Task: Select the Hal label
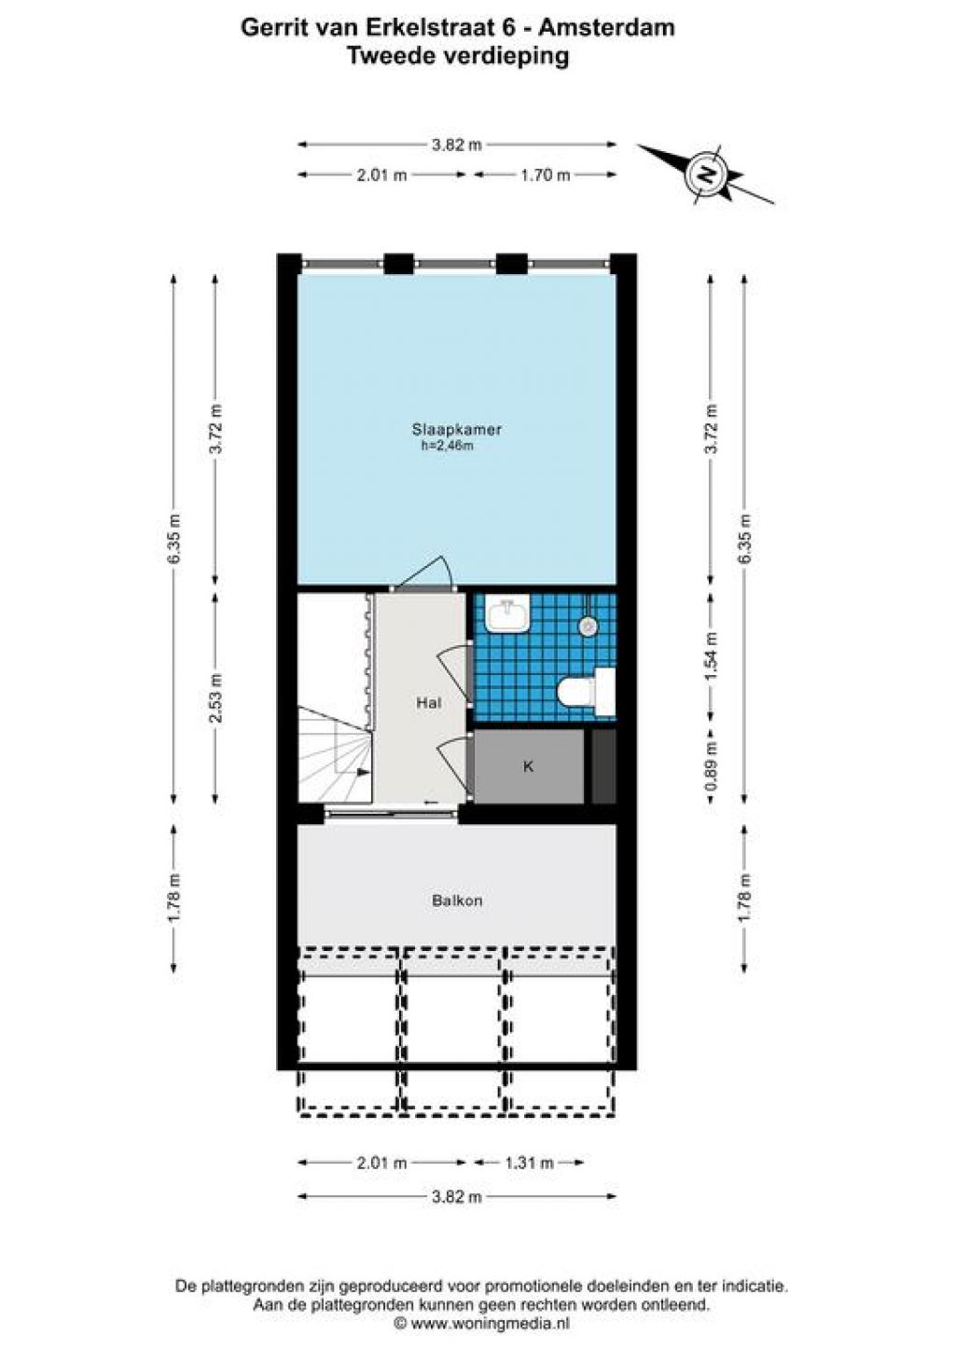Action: click(x=429, y=703)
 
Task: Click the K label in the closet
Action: click(x=529, y=766)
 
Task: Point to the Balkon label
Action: click(x=457, y=902)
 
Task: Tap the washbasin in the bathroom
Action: click(x=507, y=614)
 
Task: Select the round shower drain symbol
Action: click(x=588, y=627)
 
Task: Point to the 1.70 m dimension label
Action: click(x=545, y=175)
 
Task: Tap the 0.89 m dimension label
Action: click(x=713, y=766)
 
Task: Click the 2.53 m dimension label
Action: click(x=216, y=697)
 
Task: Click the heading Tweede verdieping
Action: click(x=458, y=56)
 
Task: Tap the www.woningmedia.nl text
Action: click(x=490, y=1324)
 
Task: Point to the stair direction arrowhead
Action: click(x=363, y=772)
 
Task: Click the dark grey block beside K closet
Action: click(x=603, y=766)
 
